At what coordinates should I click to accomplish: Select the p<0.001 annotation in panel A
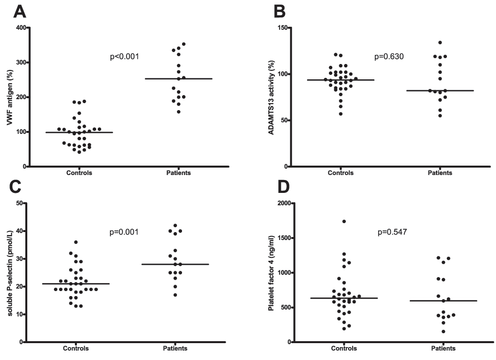coord(124,57)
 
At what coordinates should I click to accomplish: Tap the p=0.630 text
coord(389,57)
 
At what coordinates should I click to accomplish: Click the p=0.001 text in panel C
coord(124,232)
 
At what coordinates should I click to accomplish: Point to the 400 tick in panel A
coord(21,28)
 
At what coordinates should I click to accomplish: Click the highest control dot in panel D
coord(344,221)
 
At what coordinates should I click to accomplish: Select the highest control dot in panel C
coord(76,242)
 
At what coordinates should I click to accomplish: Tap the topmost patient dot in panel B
coord(439,43)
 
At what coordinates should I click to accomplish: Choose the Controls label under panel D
coord(340,348)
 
